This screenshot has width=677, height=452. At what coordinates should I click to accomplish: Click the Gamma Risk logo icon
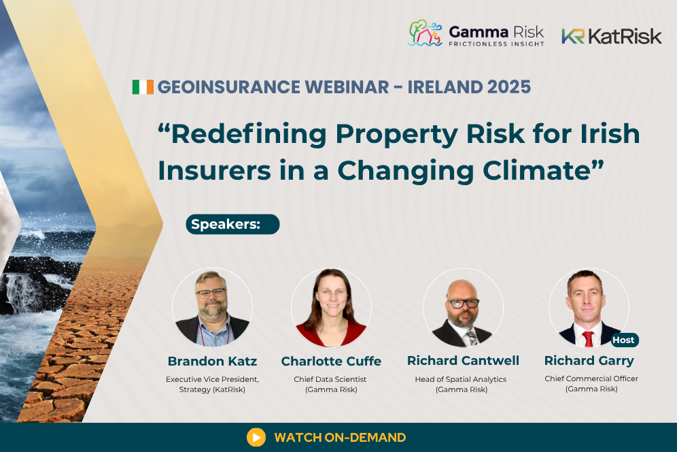(x=425, y=33)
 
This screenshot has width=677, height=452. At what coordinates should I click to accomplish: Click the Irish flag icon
(x=143, y=87)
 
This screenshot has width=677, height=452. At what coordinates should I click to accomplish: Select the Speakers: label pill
(x=232, y=225)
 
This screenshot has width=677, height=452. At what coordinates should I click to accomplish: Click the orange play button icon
(x=256, y=437)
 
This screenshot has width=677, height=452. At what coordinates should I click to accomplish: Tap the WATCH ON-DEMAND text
(x=340, y=438)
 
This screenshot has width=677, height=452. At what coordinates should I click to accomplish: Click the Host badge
(x=623, y=340)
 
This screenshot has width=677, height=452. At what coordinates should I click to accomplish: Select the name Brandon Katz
(x=212, y=361)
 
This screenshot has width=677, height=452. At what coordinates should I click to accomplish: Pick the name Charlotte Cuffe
(x=331, y=361)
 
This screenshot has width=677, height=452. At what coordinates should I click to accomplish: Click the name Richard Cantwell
(x=463, y=360)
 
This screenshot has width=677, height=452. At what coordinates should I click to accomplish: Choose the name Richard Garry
(x=589, y=360)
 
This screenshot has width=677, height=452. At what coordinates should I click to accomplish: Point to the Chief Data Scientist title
(x=331, y=378)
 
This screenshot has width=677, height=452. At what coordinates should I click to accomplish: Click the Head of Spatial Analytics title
(x=461, y=378)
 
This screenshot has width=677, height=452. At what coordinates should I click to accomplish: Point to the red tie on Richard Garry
(x=588, y=338)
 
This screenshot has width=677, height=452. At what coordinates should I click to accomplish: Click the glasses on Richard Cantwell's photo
(x=463, y=303)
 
